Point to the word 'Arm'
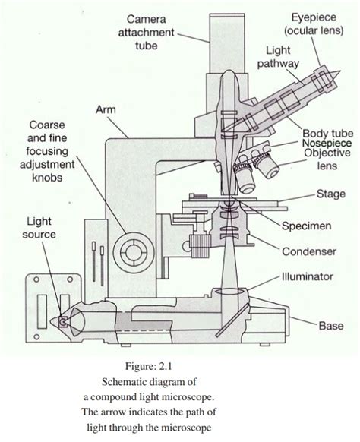coord(106,111)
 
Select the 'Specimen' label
coord(305,226)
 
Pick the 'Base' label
coord(331,325)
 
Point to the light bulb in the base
coord(63,322)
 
